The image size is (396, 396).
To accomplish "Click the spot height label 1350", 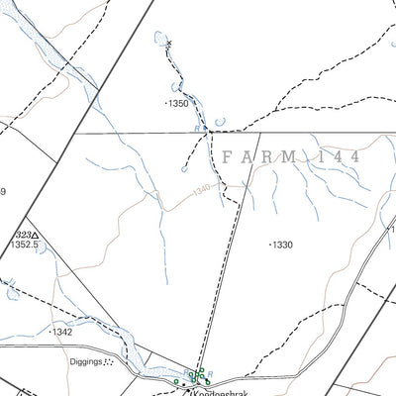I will [x=178, y=103].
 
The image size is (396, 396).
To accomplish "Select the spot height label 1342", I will [x=62, y=333].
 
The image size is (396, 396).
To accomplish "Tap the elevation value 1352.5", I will [x=24, y=244].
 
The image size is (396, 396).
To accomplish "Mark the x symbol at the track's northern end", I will [x=169, y=44].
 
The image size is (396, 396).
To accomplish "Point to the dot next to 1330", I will [x=270, y=244].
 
